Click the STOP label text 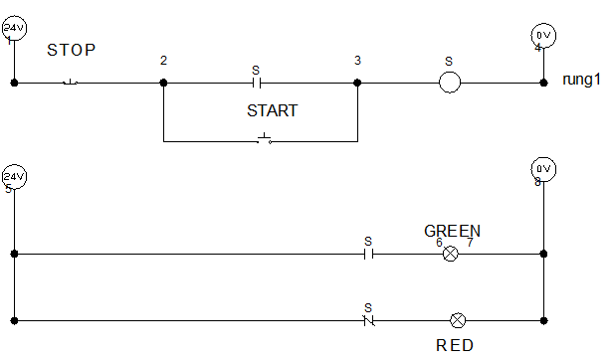72,49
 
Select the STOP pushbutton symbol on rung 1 71,83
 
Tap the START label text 272,111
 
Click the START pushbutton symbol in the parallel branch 264,139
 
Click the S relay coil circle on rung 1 449,84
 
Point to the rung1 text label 582,79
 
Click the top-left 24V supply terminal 14,30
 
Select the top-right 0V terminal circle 543,35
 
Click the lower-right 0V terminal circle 543,167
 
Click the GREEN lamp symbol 450,254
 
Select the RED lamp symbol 458,320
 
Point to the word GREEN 452,231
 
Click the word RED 455,346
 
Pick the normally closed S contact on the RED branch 368,320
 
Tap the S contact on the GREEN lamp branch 367,254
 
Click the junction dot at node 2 163,84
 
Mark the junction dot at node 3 356,84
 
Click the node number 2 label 163,62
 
